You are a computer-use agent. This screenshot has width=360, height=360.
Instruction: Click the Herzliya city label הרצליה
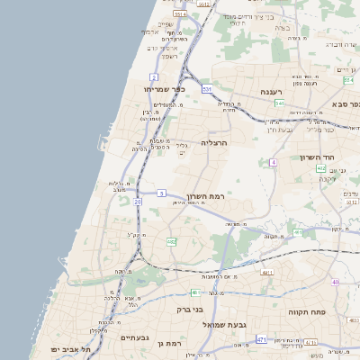(215, 142)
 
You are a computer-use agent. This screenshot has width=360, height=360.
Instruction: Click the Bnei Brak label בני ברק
(190, 309)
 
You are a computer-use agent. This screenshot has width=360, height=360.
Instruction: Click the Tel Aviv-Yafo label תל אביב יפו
(67, 348)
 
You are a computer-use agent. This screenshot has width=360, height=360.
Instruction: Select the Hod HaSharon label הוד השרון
(316, 157)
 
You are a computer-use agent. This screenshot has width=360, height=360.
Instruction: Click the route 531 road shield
(207, 89)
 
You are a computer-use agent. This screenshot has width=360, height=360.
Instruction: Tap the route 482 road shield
(171, 241)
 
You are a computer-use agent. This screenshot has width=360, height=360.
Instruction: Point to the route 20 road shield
(138, 202)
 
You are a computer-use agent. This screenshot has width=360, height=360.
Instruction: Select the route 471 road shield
(261, 339)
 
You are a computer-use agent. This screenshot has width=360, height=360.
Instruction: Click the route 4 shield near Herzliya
(272, 163)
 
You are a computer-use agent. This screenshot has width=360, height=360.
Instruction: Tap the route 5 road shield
(161, 193)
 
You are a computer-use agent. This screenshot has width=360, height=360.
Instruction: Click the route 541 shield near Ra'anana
(279, 104)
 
